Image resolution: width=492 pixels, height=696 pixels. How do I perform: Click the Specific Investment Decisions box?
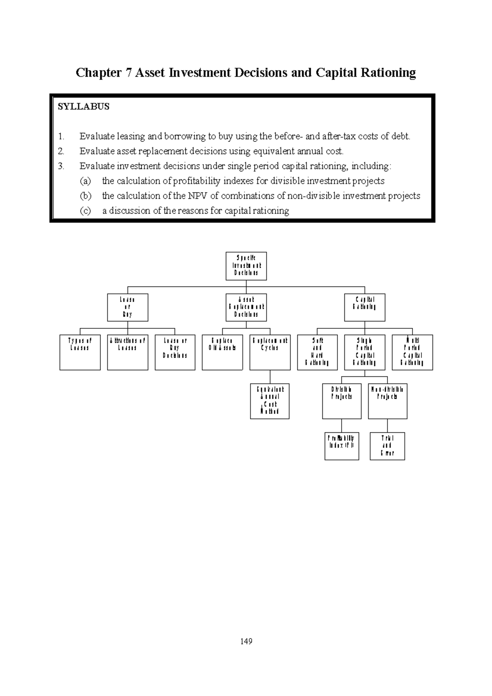(x=246, y=266)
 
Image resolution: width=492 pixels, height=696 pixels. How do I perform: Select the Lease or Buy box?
(x=128, y=307)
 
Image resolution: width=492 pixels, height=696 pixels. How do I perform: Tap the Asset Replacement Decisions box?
(x=246, y=307)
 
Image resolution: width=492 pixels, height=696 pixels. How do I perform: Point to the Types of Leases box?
(x=80, y=353)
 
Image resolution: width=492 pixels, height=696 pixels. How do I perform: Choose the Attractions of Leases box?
(x=128, y=353)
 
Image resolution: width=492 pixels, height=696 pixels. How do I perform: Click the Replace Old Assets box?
(x=222, y=353)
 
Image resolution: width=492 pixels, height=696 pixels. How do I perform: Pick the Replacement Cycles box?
(x=270, y=353)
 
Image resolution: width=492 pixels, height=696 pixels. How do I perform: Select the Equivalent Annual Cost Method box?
(x=270, y=401)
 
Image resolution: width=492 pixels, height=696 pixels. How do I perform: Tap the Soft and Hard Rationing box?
(x=317, y=353)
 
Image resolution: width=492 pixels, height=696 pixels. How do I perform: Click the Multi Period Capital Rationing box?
(x=412, y=353)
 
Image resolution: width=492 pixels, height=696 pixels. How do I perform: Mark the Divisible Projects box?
(x=342, y=401)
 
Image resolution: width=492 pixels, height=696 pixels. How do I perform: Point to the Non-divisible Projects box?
(x=387, y=401)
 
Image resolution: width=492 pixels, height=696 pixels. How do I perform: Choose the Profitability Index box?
(x=342, y=446)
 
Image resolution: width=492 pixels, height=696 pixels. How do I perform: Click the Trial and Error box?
(x=387, y=446)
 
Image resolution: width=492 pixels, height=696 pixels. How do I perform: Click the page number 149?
(x=246, y=641)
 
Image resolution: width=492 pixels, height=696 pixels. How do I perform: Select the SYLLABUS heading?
(x=84, y=107)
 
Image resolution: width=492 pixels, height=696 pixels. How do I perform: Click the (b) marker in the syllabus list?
(x=85, y=196)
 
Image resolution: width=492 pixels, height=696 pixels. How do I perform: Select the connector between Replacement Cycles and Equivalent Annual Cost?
(x=270, y=377)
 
